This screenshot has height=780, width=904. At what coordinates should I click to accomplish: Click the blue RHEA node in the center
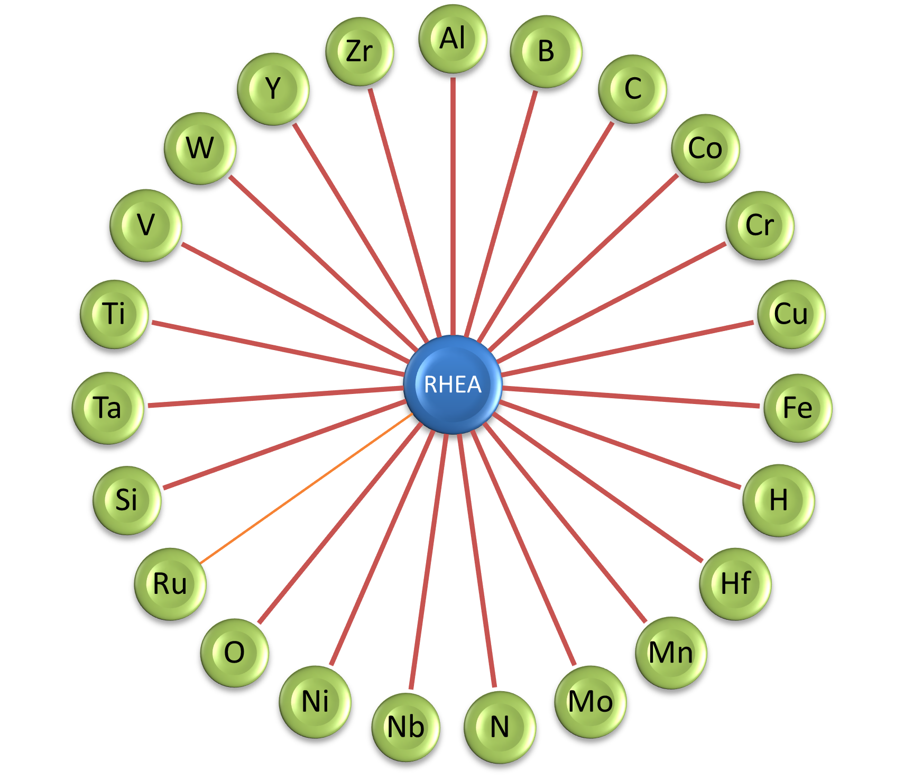pyautogui.click(x=453, y=384)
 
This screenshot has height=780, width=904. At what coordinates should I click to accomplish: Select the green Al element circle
pyautogui.click(x=453, y=39)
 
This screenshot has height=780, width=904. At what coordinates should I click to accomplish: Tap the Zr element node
pyautogui.click(x=359, y=51)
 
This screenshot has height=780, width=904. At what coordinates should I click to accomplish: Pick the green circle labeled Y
pyautogui.click(x=273, y=88)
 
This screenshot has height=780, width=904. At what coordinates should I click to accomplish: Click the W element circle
pyautogui.click(x=200, y=148)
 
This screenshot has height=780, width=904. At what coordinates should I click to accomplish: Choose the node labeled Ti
pyautogui.click(x=114, y=314)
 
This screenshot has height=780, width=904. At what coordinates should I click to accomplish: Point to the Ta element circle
pyautogui.click(x=108, y=408)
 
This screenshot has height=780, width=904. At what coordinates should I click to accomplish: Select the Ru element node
pyautogui.click(x=170, y=584)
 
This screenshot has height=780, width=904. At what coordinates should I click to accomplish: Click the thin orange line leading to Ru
pyautogui.click(x=307, y=488)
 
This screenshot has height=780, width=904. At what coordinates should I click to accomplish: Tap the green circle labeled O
pyautogui.click(x=234, y=653)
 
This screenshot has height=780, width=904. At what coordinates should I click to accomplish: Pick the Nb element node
pyautogui.click(x=405, y=727)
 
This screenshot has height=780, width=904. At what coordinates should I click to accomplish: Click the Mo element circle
pyautogui.click(x=590, y=702)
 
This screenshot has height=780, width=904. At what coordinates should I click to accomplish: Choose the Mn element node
pyautogui.click(x=670, y=653)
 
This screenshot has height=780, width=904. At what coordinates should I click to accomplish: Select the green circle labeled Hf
pyautogui.click(x=735, y=584)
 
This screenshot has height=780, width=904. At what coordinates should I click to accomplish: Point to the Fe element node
pyautogui.click(x=797, y=408)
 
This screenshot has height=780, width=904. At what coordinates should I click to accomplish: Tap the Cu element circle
pyautogui.click(x=791, y=314)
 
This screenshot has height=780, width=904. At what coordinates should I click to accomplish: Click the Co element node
pyautogui.click(x=705, y=148)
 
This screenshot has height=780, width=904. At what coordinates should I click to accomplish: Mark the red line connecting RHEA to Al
pyautogui.click(x=453, y=206)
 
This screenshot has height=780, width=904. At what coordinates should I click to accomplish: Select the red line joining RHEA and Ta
pyautogui.click(x=275, y=397)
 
